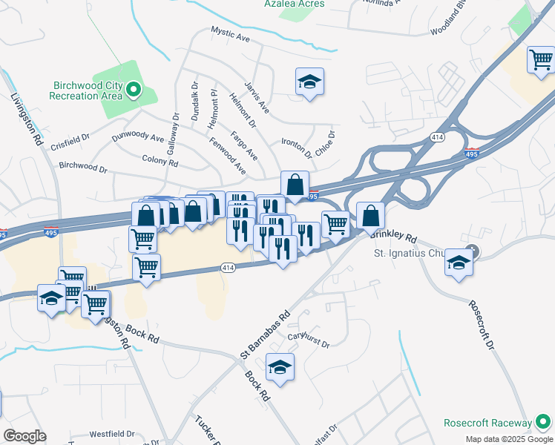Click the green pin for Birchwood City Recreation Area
134,91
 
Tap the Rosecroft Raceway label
486,423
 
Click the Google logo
24,436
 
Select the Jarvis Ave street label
257,99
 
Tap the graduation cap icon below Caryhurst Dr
280,367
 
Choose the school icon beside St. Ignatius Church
459,263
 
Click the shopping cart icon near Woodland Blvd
541,59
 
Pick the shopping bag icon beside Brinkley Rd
370,217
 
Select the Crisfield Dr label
70,142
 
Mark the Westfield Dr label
111,434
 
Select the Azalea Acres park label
294,4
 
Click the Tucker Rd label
205,429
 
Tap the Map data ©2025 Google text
508,439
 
